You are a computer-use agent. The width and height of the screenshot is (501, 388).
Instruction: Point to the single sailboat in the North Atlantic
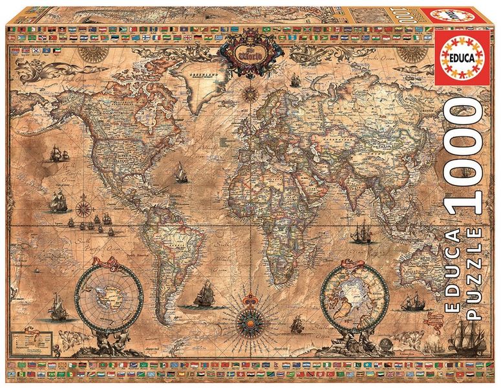coord(180,173)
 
